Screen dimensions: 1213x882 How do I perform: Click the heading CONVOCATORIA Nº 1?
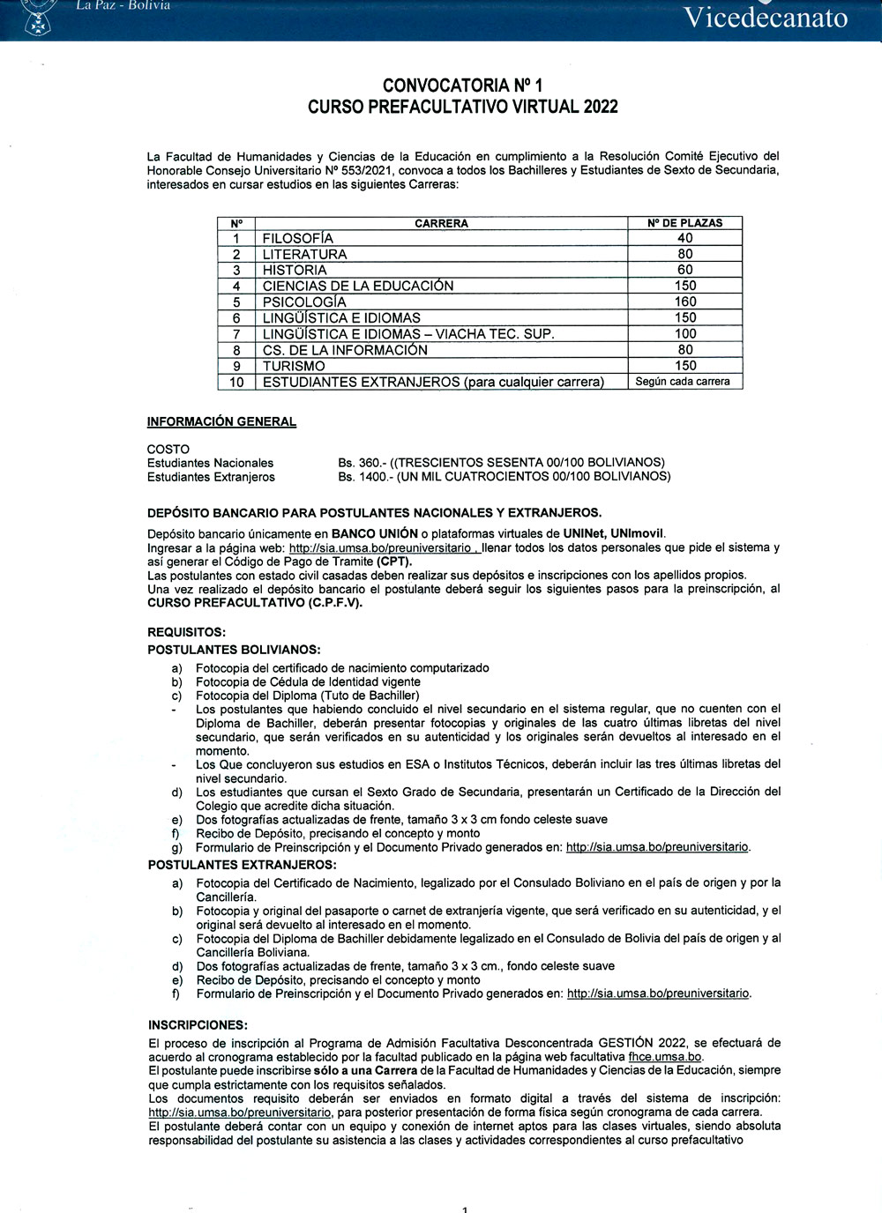click(x=462, y=86)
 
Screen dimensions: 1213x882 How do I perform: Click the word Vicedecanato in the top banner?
click(x=766, y=17)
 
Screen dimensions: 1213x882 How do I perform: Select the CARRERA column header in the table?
click(x=441, y=223)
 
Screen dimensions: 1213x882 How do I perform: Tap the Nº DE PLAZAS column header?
click(x=684, y=223)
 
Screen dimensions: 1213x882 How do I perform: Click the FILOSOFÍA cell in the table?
click(x=298, y=238)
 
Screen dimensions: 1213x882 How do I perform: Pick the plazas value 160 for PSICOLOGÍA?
click(x=684, y=301)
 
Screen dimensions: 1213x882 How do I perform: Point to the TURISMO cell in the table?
click(x=294, y=366)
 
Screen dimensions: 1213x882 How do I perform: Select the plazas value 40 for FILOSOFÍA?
click(x=684, y=238)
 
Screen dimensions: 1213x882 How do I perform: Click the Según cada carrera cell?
click(x=683, y=382)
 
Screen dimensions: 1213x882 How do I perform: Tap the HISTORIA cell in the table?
click(x=295, y=270)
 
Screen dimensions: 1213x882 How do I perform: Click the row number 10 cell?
click(x=236, y=382)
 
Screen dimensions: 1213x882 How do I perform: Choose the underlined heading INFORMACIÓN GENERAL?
click(x=221, y=421)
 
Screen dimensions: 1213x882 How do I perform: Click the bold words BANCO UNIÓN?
click(x=374, y=533)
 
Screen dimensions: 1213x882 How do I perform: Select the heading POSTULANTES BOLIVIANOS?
click(x=234, y=650)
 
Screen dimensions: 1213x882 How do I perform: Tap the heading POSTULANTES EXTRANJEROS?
click(x=242, y=865)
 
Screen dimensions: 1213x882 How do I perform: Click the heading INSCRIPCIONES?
click(x=198, y=1024)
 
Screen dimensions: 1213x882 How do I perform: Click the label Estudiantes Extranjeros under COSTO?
click(x=211, y=477)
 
